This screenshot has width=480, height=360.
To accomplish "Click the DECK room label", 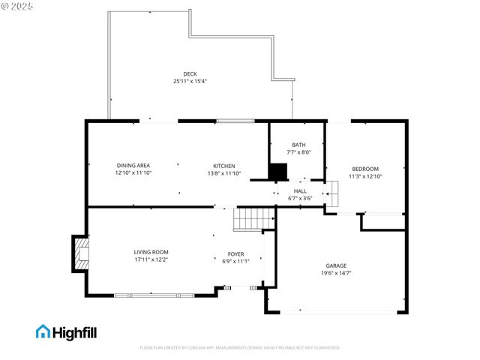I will (190, 73).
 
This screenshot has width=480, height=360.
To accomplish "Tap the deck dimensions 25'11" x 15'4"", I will (190, 81).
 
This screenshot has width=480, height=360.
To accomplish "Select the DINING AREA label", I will (133, 166).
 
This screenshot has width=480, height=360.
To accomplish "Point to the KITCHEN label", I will (224, 166).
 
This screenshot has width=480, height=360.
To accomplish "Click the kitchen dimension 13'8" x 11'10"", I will (224, 173).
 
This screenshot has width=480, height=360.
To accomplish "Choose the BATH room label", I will (298, 145).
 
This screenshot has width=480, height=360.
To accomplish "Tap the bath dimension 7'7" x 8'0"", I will (298, 152).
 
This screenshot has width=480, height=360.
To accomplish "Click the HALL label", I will (300, 191).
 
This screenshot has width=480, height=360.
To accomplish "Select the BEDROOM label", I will (365, 169).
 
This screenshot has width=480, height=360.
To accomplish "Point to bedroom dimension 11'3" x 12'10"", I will (365, 176).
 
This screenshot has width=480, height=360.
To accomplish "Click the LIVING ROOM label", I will (151, 252).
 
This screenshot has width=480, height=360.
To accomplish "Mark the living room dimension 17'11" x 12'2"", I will (151, 259).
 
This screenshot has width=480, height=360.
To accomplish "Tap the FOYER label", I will (235, 253).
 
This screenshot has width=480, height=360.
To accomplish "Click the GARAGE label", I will (336, 265).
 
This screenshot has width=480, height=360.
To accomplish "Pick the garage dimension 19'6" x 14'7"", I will (336, 273).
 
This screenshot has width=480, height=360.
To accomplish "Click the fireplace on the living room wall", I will (79, 254).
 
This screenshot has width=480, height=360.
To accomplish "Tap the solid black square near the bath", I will (278, 172).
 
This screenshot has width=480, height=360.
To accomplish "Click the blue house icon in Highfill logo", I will (43, 331).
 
